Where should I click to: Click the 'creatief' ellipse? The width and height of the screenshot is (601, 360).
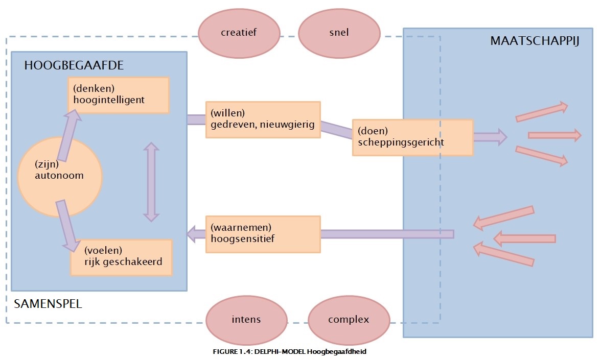[239, 32]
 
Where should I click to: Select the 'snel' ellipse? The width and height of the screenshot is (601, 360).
[339, 32]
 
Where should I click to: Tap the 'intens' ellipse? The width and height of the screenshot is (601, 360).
[246, 320]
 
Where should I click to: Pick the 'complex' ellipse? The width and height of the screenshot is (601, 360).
[349, 320]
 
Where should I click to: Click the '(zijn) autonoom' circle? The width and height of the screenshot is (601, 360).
[60, 176]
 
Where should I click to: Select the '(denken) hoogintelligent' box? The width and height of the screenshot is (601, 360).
[119, 95]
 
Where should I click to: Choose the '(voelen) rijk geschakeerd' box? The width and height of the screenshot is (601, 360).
[121, 257]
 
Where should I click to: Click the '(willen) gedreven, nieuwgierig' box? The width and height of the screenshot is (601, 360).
[263, 119]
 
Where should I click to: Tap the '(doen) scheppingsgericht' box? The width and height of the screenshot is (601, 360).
[412, 137]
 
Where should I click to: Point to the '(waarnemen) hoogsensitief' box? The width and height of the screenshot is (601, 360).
[263, 234]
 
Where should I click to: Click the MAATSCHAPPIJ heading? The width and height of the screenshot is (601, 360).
[534, 41]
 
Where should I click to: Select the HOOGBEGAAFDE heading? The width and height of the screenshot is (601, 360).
[74, 66]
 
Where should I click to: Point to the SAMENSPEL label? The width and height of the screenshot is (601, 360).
[48, 304]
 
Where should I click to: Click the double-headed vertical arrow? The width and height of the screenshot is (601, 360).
[151, 182]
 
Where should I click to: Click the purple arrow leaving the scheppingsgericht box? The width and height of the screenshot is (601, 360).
[490, 137]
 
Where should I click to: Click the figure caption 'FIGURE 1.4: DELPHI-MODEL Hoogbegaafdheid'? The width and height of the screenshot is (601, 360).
[289, 352]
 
